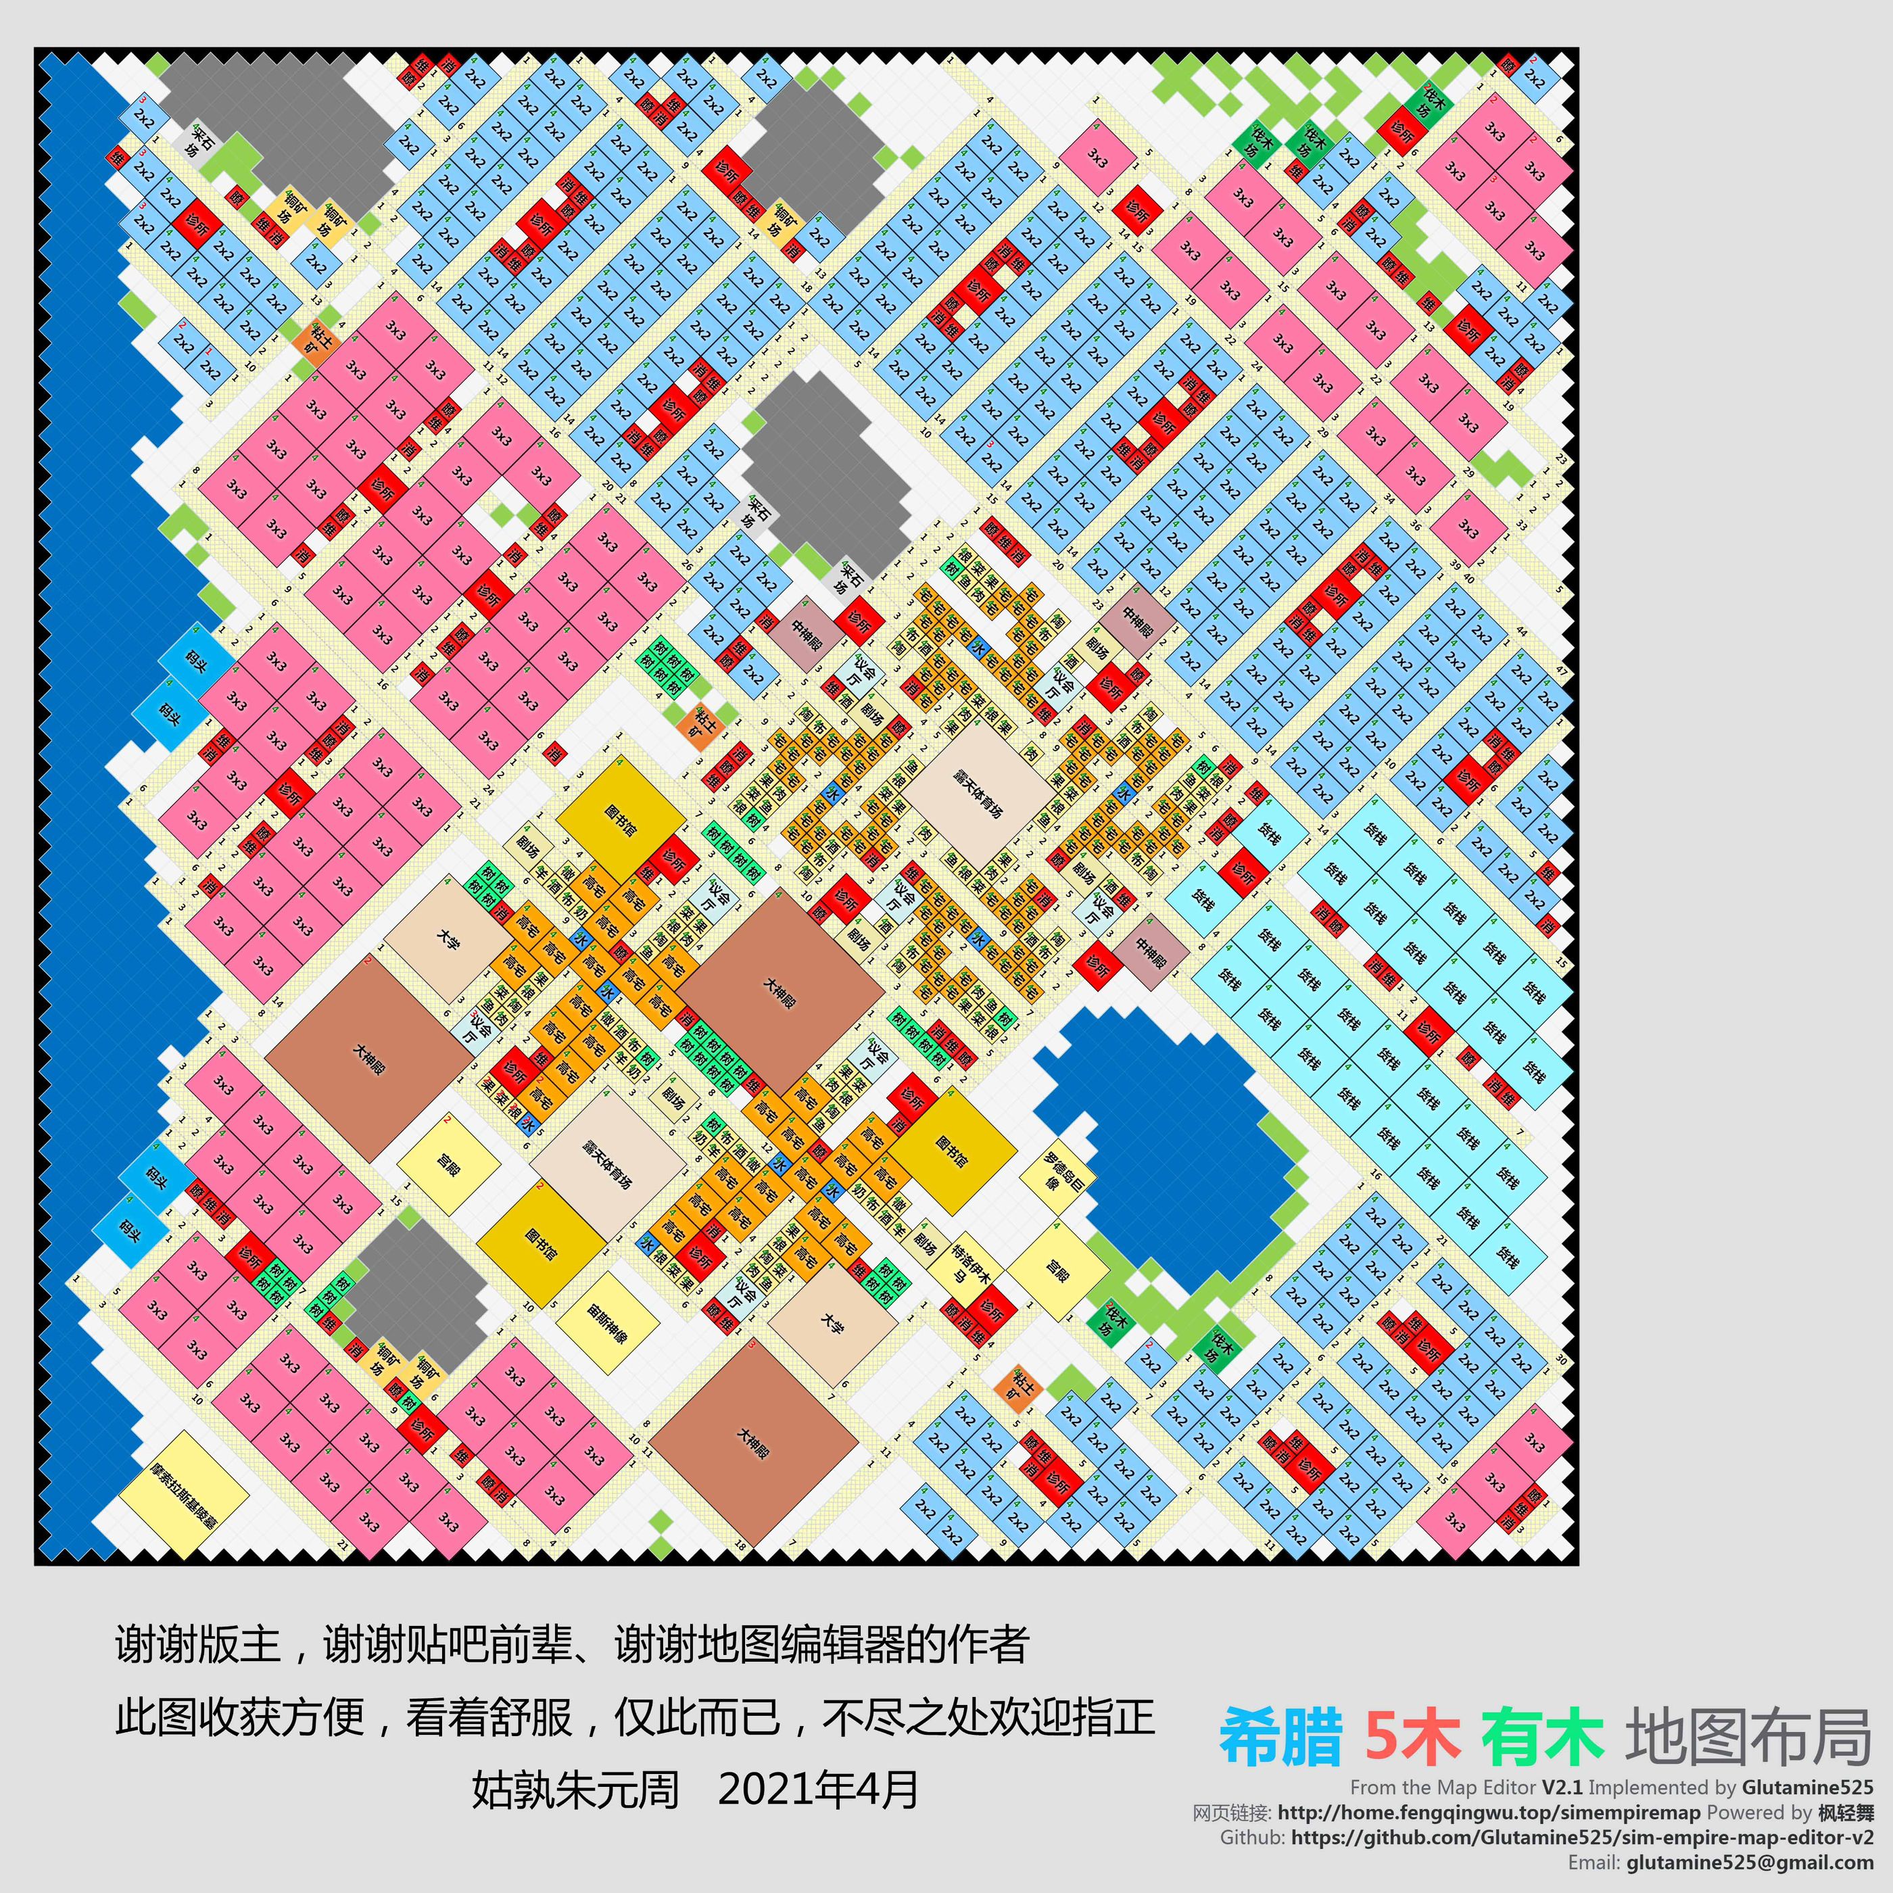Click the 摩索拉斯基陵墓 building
coord(184,1494)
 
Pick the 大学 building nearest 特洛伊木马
coord(832,1324)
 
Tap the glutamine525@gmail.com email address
coord(1749,1862)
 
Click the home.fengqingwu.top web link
coord(1489,1813)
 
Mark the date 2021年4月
coord(818,1789)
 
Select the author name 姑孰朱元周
coord(575,1789)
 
